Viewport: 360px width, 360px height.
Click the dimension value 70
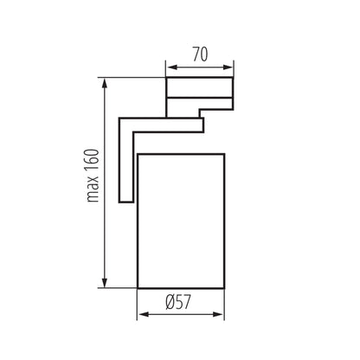pyautogui.click(x=200, y=55)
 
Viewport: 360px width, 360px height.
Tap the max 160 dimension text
pyautogui.click(x=93, y=176)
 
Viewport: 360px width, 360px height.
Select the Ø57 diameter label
pyautogui.click(x=178, y=302)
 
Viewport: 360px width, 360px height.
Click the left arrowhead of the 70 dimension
pyautogui.click(x=172, y=67)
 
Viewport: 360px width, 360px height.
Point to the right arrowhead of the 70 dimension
pyautogui.click(x=228, y=67)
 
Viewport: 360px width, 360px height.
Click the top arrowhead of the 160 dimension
pyautogui.click(x=105, y=84)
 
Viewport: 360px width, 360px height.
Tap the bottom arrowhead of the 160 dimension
pyautogui.click(x=105, y=282)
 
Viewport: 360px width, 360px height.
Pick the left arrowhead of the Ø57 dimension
pyautogui.click(x=143, y=314)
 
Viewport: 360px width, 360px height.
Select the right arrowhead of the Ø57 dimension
pyautogui.click(x=218, y=314)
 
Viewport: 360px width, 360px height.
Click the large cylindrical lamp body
pyautogui.click(x=181, y=221)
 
